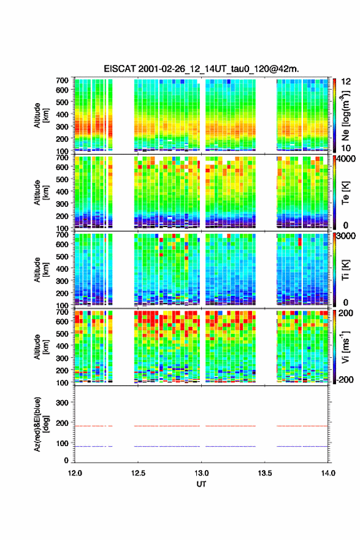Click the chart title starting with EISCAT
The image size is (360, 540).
coord(201,69)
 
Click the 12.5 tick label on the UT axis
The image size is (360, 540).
coord(138,473)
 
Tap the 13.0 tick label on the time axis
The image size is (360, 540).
coord(201,473)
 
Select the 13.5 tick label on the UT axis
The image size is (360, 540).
coord(265,473)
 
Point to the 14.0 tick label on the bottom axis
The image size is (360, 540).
coord(328,473)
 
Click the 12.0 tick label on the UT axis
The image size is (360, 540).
coord(75,473)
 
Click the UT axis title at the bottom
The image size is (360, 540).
coord(201,484)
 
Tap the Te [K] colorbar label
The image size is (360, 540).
coord(345,193)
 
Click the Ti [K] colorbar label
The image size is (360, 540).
coord(345,270)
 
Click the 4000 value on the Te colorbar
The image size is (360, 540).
coord(347,159)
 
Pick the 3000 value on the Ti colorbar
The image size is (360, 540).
coord(347,236)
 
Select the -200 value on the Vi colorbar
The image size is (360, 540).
coord(345,380)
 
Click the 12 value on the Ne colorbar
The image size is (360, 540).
coord(346,82)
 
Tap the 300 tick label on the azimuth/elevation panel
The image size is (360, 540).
coord(62,403)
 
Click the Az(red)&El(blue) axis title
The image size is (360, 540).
coord(41,424)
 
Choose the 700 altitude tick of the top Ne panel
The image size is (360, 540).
coord(62,80)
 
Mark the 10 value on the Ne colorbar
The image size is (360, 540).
coord(346,148)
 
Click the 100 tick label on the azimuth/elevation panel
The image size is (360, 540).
coord(62,443)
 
